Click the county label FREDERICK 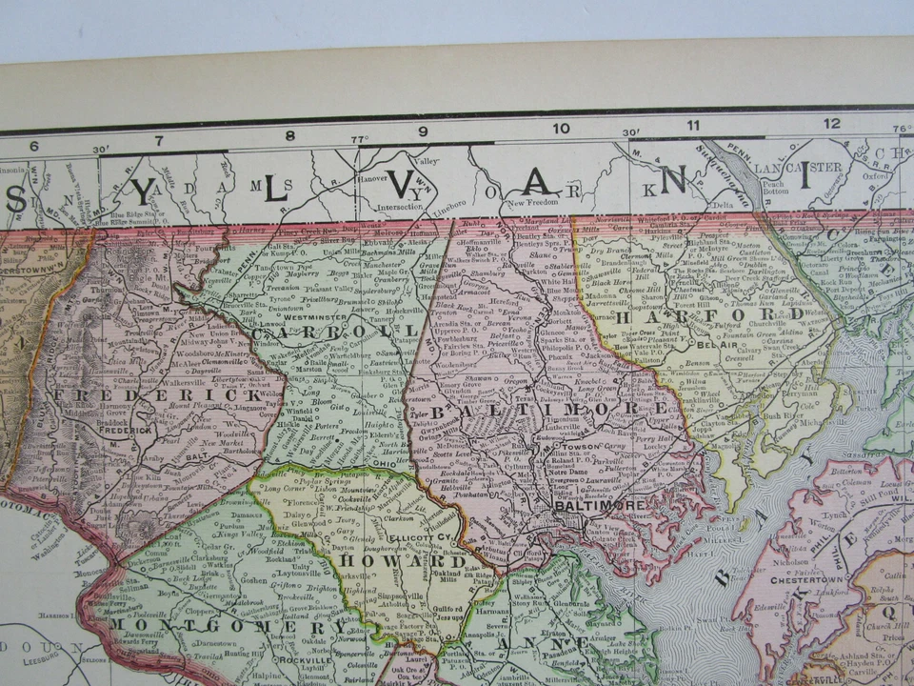point(158,394)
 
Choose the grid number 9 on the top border point(423,131)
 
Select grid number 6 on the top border point(34,145)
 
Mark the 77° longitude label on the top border point(359,139)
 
